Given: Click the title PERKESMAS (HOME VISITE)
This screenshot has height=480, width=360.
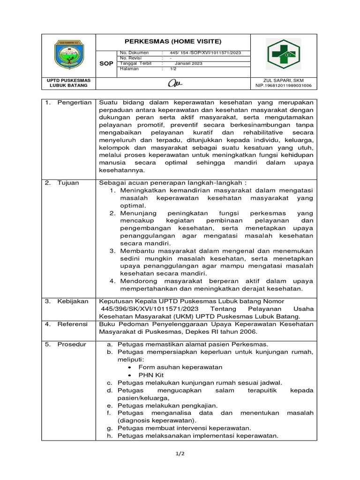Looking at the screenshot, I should pyautogui.click(x=173, y=41).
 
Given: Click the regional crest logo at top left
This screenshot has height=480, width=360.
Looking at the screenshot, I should pyautogui.click(x=68, y=55).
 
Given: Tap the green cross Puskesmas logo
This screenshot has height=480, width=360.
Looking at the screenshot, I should pyautogui.click(x=284, y=54).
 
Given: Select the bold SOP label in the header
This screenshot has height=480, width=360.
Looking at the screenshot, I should pyautogui.click(x=106, y=63).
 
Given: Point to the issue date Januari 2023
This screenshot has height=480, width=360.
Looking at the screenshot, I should pyautogui.click(x=188, y=63).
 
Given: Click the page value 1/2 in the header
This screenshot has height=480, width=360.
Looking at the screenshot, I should pyautogui.click(x=173, y=68).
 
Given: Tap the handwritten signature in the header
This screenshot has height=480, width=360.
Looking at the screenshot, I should pyautogui.click(x=173, y=83).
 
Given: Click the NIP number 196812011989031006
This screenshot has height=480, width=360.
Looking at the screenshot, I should pyautogui.click(x=284, y=86).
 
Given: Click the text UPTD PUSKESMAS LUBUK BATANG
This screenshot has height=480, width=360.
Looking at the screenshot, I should pyautogui.click(x=68, y=83).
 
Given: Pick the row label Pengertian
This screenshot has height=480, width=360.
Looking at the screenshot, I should pyautogui.click(x=74, y=103).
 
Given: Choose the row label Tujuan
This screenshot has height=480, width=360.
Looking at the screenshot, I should pyautogui.click(x=68, y=183).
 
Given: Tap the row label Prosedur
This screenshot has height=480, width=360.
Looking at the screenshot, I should pyautogui.click(x=72, y=344).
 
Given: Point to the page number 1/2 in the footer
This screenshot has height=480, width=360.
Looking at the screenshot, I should pyautogui.click(x=180, y=454).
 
